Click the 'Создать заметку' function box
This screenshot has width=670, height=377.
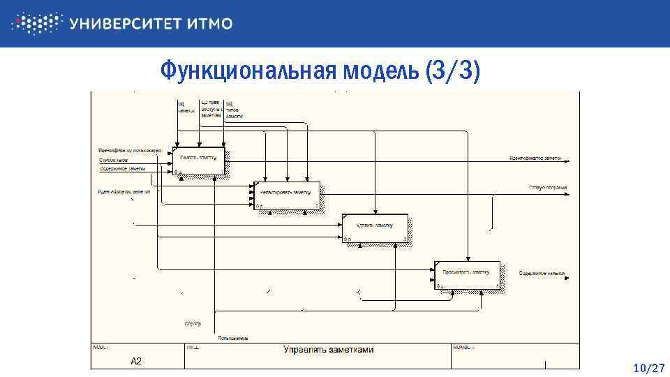click(199, 161)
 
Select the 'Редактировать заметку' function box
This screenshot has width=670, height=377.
click(286, 195)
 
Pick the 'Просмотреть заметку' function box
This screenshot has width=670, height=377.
click(466, 275)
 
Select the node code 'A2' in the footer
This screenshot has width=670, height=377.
click(137, 361)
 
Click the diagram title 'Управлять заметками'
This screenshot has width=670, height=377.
click(328, 350)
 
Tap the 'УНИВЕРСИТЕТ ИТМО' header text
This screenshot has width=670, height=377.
click(151, 24)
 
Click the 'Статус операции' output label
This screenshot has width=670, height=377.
click(547, 188)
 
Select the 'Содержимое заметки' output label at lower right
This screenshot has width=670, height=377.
click(542, 273)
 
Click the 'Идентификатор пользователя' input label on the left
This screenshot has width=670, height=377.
click(130, 151)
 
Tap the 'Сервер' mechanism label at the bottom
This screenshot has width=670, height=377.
click(193, 324)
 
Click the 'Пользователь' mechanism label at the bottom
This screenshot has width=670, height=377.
click(232, 339)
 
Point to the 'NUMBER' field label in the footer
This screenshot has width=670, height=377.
click(464, 346)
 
